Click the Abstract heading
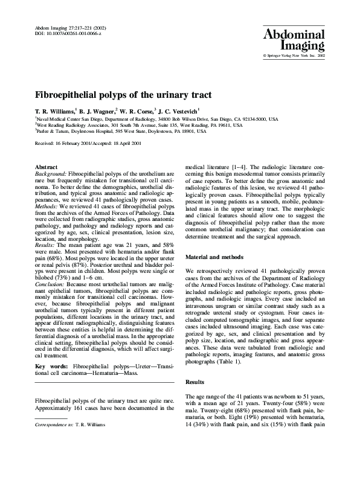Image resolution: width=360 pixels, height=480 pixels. pyautogui.click(x=47, y=167)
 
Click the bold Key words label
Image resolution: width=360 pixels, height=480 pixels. pyautogui.click(x=51, y=367)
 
